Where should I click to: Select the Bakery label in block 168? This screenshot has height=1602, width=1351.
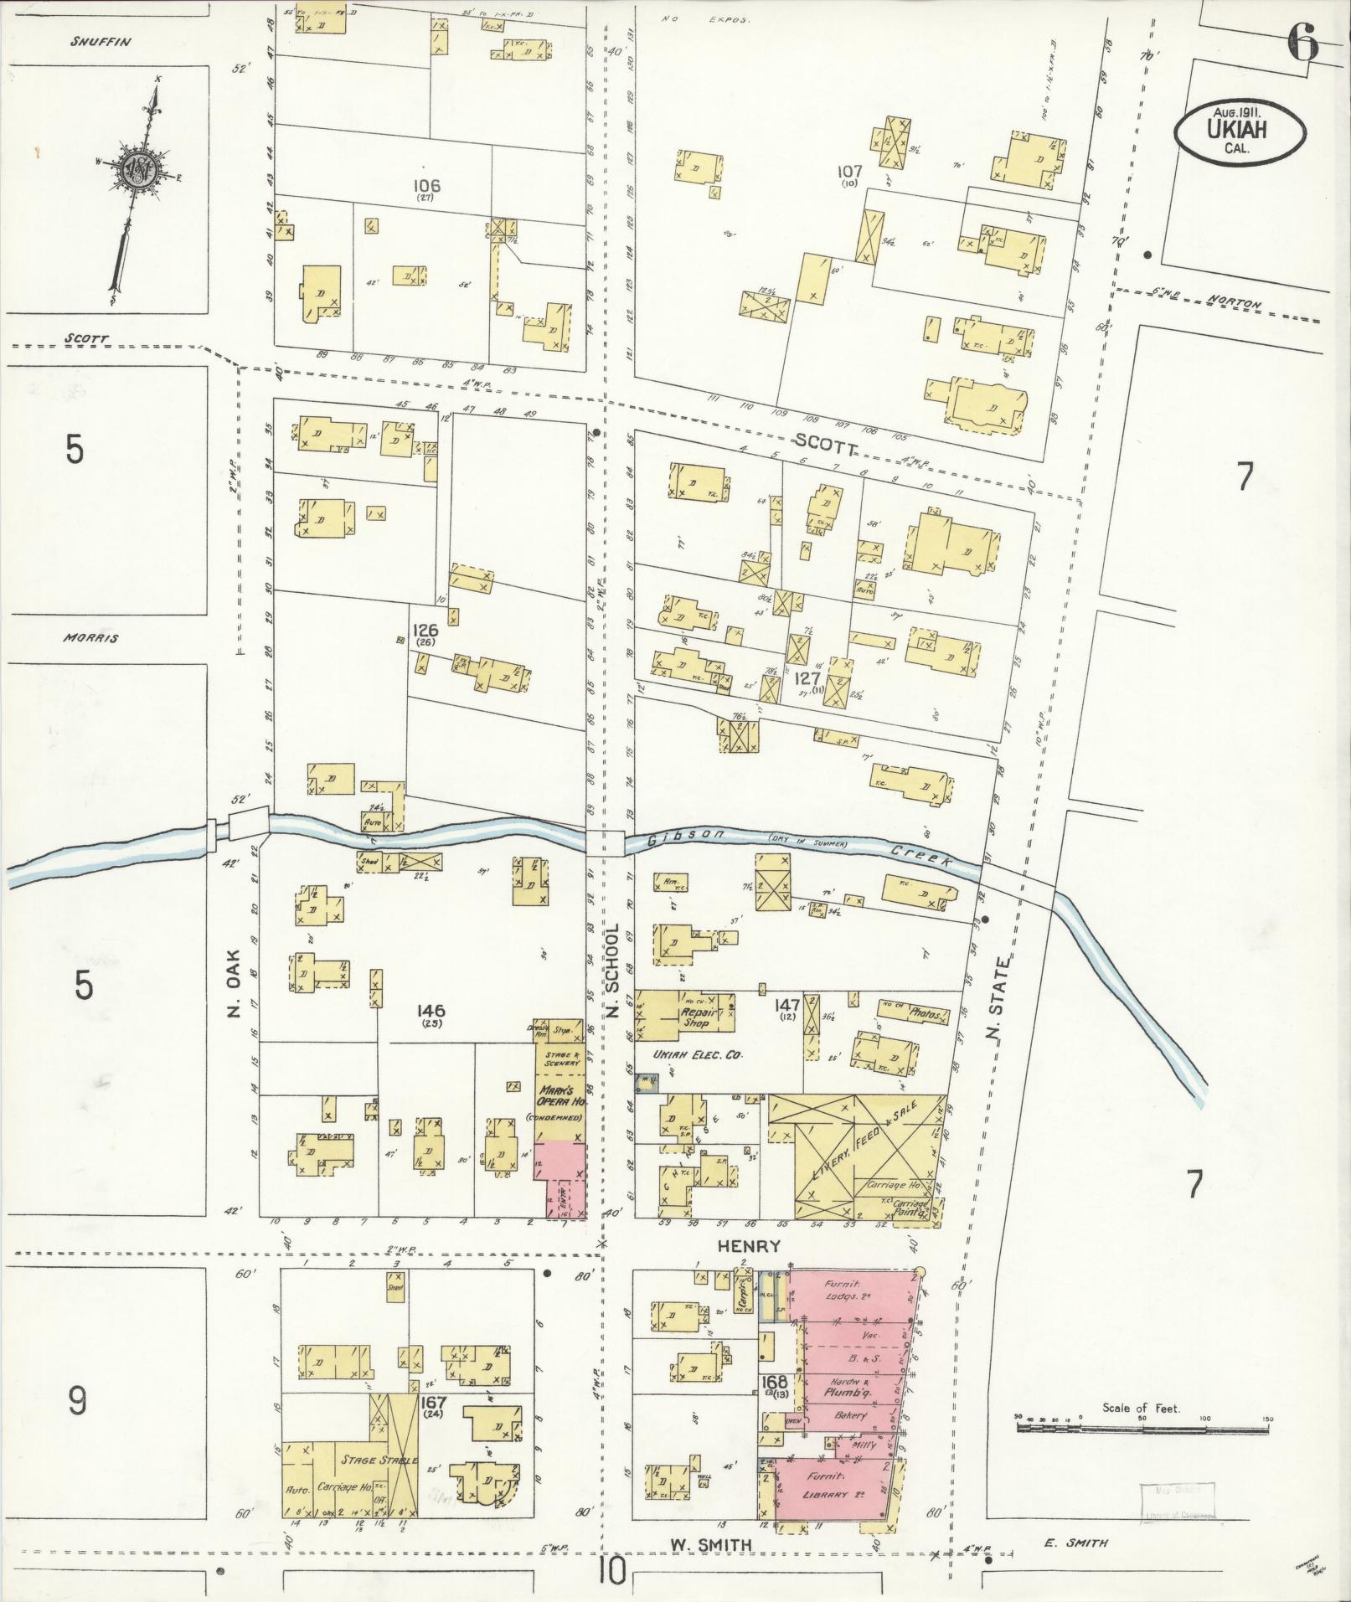(848, 1415)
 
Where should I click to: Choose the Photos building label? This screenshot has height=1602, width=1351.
(927, 1015)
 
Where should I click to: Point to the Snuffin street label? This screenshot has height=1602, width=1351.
(101, 41)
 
